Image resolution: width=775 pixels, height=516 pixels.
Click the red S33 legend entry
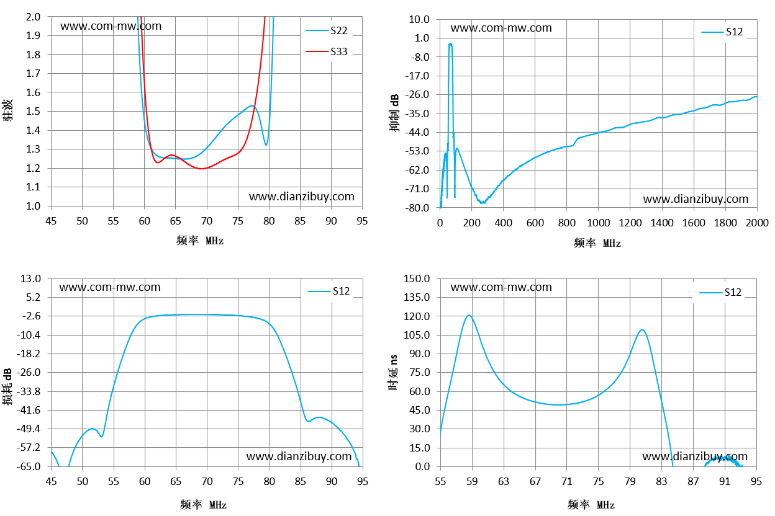pos(326,52)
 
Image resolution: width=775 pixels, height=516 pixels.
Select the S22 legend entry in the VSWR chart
pos(326,31)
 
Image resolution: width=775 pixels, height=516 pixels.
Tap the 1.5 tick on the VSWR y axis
pos(33,111)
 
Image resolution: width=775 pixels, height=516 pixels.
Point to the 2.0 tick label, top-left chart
pos(33,17)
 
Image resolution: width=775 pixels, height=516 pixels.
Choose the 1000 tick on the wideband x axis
pos(598,223)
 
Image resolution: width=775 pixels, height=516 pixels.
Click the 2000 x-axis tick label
pos(757,223)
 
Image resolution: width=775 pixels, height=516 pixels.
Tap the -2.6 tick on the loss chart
pos(31,316)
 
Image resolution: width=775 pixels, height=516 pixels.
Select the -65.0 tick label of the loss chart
pos(29,466)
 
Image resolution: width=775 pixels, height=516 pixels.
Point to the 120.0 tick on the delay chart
pos(417,316)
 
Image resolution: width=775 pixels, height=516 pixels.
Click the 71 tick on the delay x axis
pos(566,481)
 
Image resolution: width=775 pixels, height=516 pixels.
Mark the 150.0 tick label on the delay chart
pos(417,278)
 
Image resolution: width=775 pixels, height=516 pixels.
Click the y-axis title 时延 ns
pos(393,372)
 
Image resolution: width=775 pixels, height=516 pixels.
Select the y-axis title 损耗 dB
pos(7,386)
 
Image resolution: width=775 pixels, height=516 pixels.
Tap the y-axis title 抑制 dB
pos(394,113)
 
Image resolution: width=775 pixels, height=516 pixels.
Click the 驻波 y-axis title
pos(7,110)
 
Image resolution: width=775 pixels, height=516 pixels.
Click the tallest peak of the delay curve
pos(469,315)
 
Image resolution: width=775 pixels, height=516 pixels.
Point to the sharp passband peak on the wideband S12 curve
pos(450,44)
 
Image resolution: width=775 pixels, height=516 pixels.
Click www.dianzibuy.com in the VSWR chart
pos(301,197)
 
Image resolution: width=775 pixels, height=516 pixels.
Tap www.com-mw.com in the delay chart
pos(501,287)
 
